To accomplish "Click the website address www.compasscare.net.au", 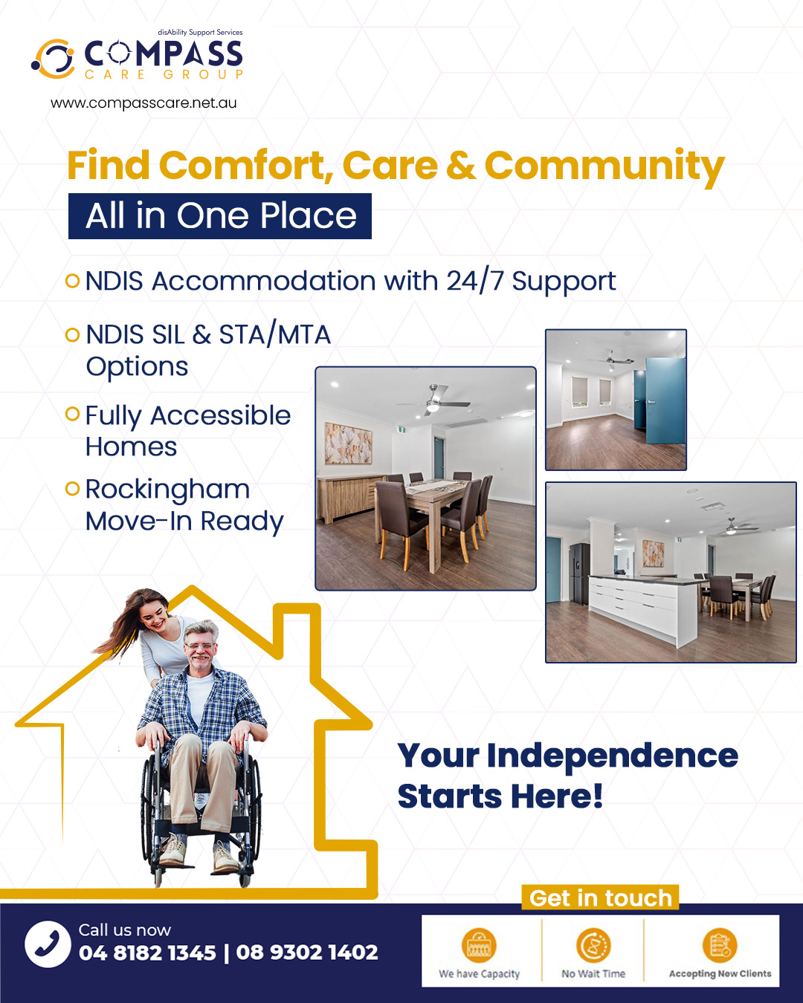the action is coord(143,103).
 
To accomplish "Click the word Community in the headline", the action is coord(604,167).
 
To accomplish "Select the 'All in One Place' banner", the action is coord(220,216).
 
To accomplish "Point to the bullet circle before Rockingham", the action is coord(72,488).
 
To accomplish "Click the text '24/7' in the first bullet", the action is coord(475,282).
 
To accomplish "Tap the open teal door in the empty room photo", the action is coord(665,400).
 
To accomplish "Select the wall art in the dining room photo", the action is coord(349,444).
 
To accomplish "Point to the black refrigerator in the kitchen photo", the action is coord(579,574).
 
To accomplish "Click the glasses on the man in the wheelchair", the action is coord(201,646).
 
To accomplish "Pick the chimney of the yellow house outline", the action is coord(297,638).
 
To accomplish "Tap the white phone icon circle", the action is coord(48,944).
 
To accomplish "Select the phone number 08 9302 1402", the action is coord(307,952).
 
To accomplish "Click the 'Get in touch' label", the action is coord(601,897).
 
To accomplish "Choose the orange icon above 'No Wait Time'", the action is coord(593,945).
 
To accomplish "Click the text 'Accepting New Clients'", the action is coord(720,973).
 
